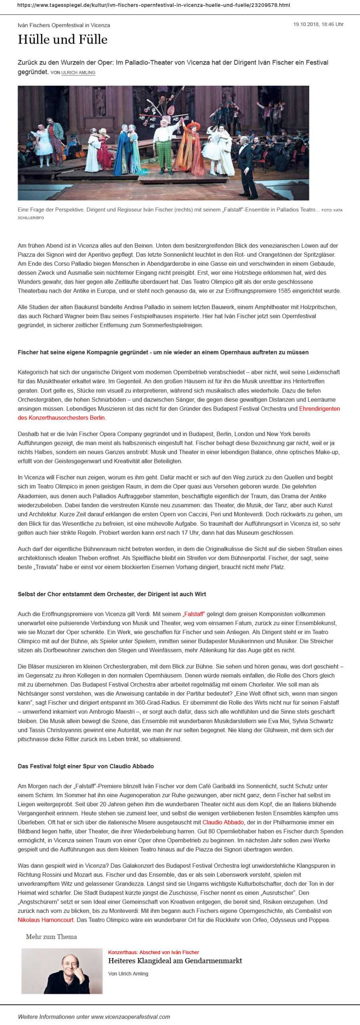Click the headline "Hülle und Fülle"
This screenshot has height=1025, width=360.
pos(62,40)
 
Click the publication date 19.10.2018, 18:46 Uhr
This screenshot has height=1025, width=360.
pos(318,24)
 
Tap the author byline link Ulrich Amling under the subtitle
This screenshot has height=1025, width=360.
pos(78,72)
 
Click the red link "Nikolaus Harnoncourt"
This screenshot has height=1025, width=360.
pos(46,920)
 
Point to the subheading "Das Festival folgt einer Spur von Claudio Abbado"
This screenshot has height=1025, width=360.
pos(86,766)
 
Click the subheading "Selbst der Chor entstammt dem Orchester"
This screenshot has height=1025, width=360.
pos(112,594)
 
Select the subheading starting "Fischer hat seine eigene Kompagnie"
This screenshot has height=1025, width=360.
pos(163,352)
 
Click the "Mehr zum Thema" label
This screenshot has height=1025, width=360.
pos(51,937)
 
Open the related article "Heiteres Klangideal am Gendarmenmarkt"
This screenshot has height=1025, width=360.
pos(175,961)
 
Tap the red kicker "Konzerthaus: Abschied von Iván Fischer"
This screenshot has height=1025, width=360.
pos(153,952)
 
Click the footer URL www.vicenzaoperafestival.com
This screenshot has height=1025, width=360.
pos(131,1016)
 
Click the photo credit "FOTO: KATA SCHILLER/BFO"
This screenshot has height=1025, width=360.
pos(332,210)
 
